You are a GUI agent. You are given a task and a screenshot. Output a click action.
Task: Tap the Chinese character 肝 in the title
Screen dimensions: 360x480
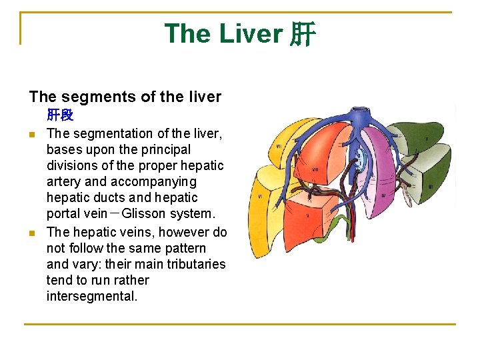302,34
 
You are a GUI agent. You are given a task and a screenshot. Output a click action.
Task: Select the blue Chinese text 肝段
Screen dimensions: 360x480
60,115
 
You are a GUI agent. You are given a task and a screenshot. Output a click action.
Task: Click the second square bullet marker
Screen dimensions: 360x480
32,233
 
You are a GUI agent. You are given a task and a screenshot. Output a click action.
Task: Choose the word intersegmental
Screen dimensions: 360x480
92,296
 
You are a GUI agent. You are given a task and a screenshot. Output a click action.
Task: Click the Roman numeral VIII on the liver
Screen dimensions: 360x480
315,170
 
